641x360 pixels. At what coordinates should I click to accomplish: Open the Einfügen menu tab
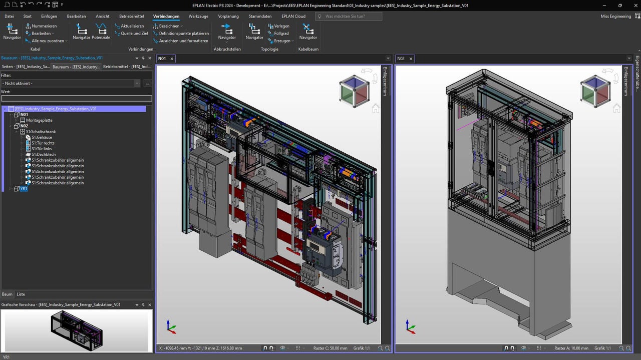click(x=49, y=16)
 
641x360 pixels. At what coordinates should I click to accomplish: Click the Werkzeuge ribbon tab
click(x=198, y=16)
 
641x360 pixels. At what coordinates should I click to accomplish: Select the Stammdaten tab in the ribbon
click(x=260, y=16)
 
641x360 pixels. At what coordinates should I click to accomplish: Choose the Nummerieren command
click(x=44, y=26)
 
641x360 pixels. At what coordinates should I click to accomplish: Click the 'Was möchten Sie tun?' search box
click(x=349, y=17)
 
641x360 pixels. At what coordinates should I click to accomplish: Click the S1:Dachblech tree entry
click(x=44, y=155)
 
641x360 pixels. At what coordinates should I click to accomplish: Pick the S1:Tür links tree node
click(x=42, y=149)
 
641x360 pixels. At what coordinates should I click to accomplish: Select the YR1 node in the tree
click(x=24, y=189)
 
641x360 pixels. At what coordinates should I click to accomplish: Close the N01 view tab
click(x=172, y=59)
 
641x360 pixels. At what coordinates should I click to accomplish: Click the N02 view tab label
click(x=401, y=59)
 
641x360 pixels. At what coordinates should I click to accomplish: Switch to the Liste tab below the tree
click(x=21, y=294)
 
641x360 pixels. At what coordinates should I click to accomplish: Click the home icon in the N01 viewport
click(x=376, y=108)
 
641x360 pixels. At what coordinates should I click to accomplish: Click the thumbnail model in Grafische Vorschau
click(x=77, y=330)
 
